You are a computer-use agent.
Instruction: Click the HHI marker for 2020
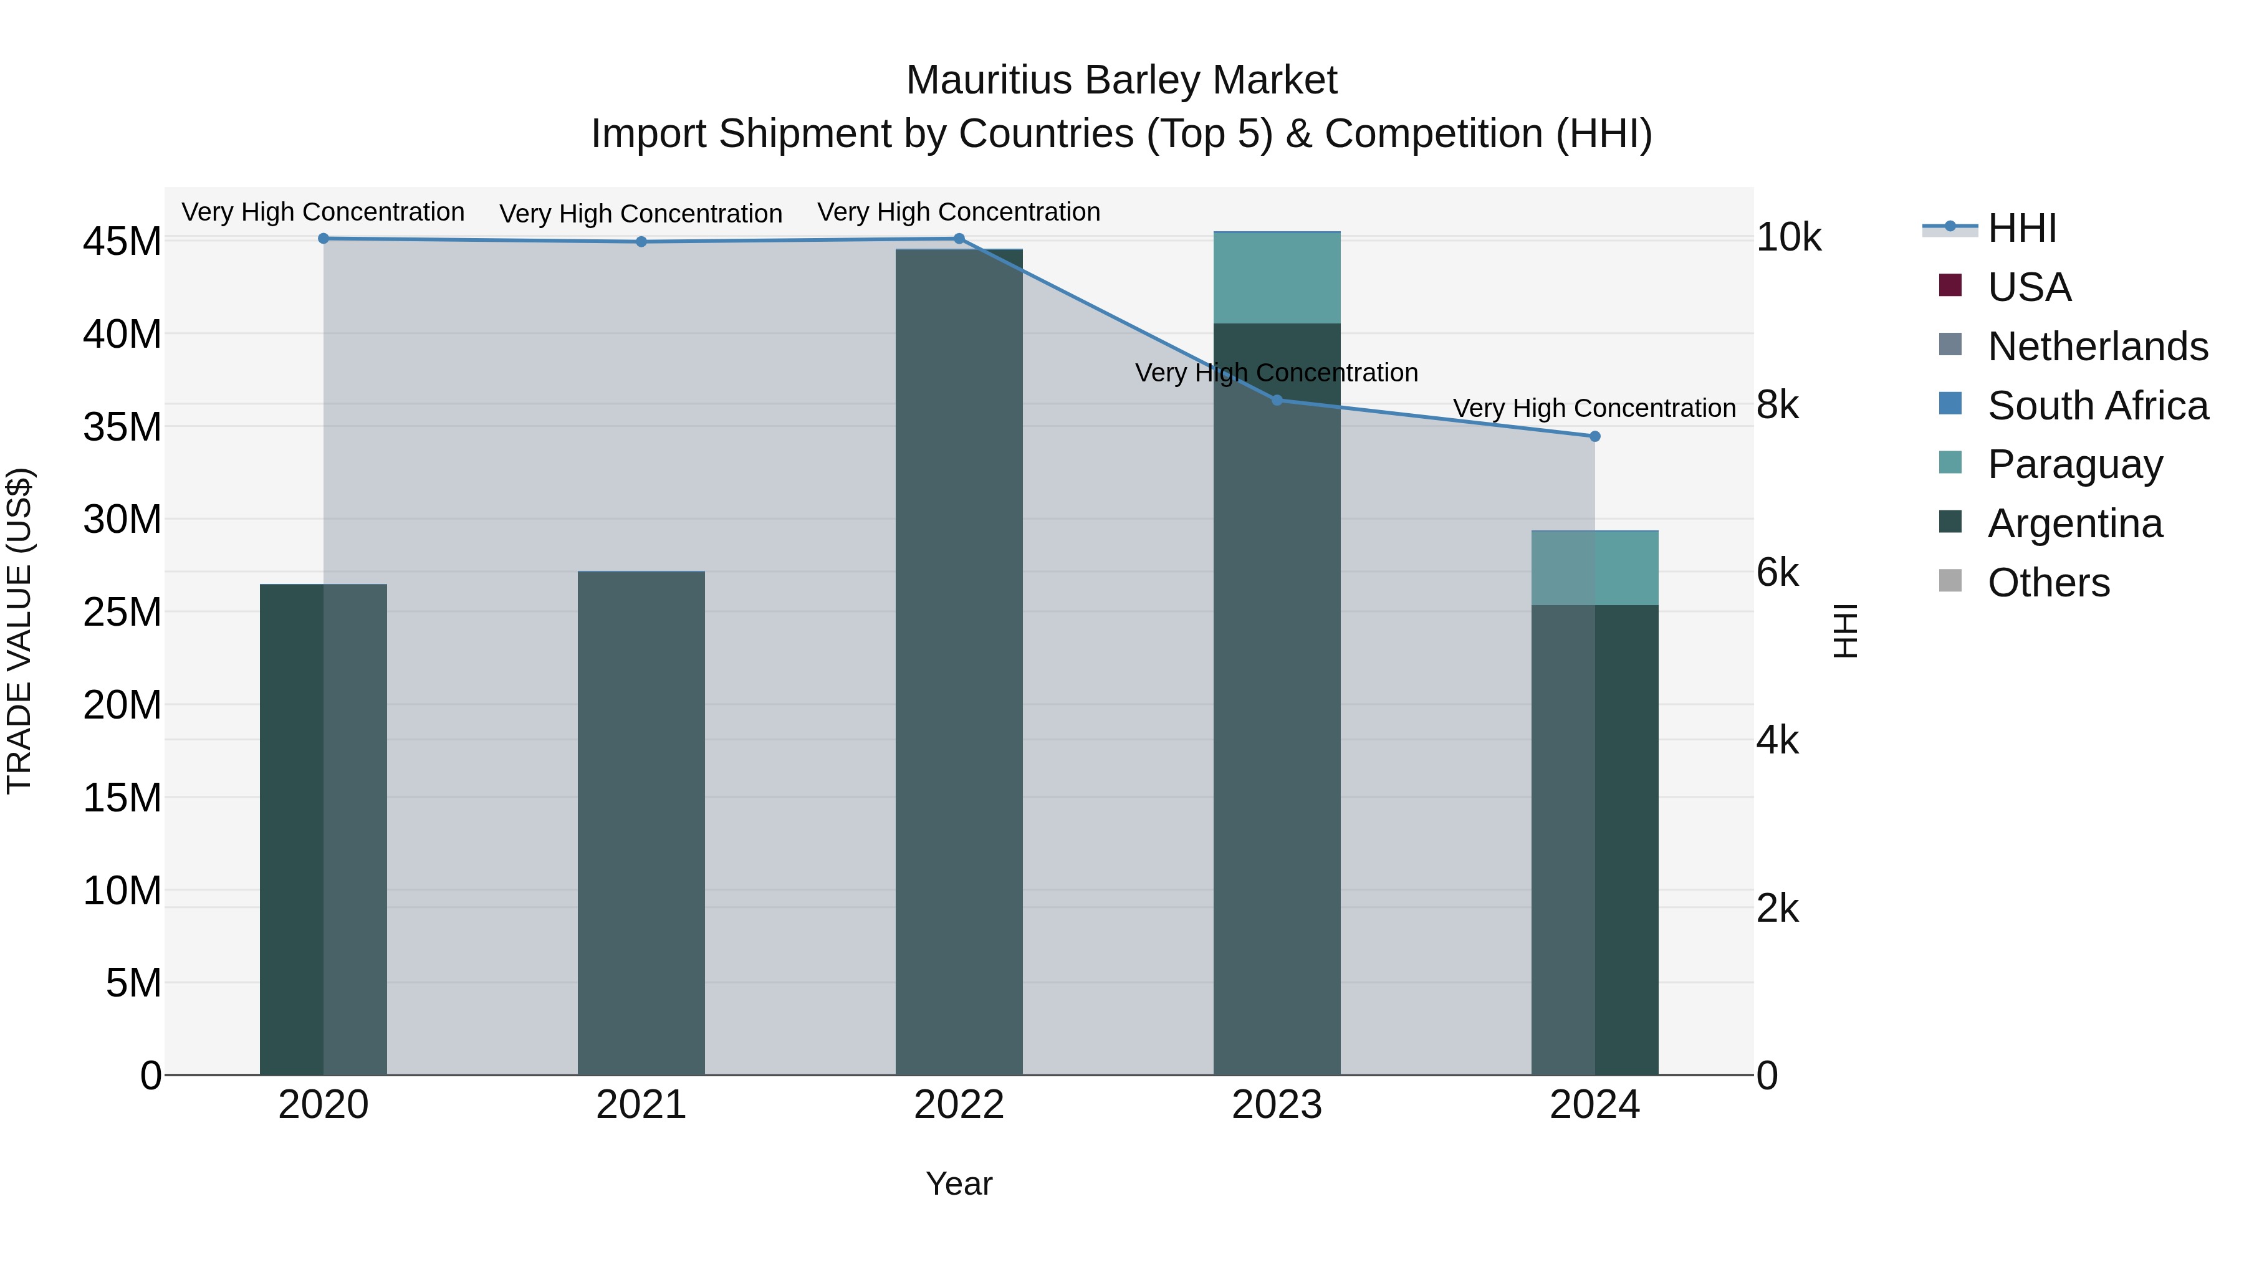323,239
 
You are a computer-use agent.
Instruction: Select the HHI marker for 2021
641,242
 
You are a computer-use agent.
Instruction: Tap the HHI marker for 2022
959,239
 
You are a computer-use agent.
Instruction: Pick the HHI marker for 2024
1595,436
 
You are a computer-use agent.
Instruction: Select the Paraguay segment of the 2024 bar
1595,568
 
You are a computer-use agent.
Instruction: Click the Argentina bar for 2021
641,823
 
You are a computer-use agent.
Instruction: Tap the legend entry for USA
2029,287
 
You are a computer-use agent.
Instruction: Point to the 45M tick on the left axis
122,241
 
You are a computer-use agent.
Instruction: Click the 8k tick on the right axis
1777,405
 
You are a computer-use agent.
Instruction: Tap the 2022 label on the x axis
959,1105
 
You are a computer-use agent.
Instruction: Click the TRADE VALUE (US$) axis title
20,631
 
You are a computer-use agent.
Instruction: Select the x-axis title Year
959,1183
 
